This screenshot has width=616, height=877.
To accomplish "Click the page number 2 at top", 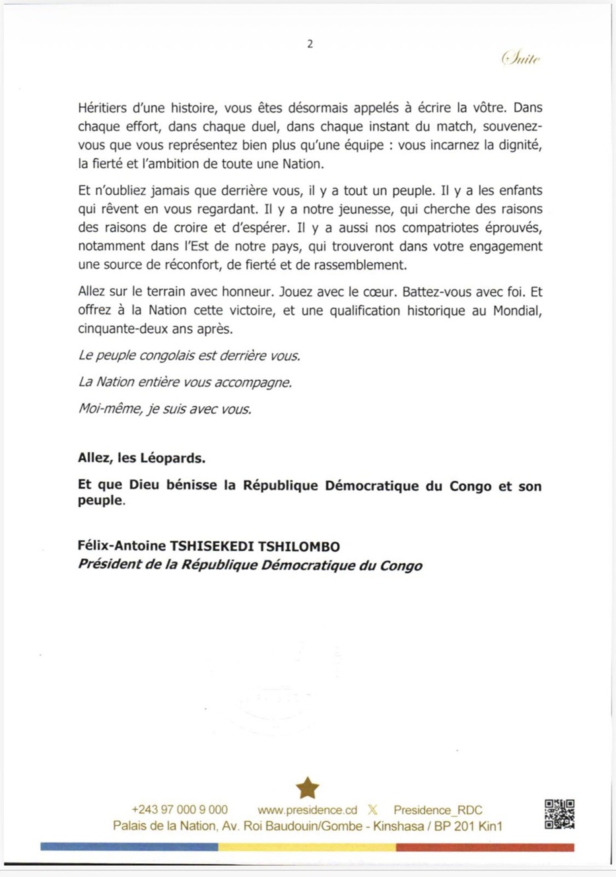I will [x=310, y=44].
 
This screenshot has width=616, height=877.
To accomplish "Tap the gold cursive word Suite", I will [x=521, y=59].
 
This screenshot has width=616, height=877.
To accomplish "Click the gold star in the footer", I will [x=308, y=787].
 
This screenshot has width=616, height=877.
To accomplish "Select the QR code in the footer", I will [x=559, y=814].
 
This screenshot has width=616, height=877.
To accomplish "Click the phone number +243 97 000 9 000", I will [x=180, y=810].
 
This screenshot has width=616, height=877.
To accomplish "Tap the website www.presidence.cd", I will [x=307, y=810].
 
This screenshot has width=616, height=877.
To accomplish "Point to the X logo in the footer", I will [x=373, y=810].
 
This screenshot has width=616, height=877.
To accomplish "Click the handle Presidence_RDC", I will [x=438, y=810].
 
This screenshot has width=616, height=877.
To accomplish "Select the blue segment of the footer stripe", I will [x=129, y=847].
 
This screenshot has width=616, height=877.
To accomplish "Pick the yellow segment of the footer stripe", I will [x=307, y=847].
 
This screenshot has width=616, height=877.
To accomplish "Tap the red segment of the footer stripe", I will [x=485, y=847].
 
